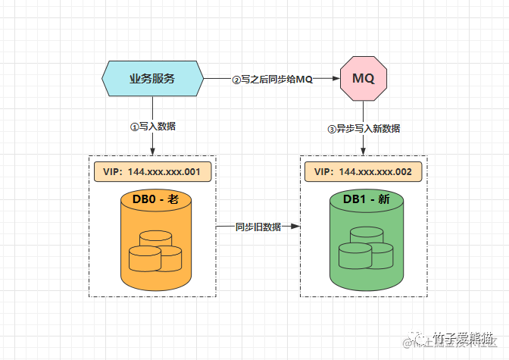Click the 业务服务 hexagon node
pos(152,78)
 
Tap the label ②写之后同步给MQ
pos(272,79)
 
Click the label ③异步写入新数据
pos(364,128)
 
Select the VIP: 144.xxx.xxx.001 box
pos(152,172)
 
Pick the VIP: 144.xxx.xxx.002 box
pos(364,172)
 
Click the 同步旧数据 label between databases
pos(258,227)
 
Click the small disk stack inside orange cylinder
pos(155,251)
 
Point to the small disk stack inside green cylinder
pos(366,250)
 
